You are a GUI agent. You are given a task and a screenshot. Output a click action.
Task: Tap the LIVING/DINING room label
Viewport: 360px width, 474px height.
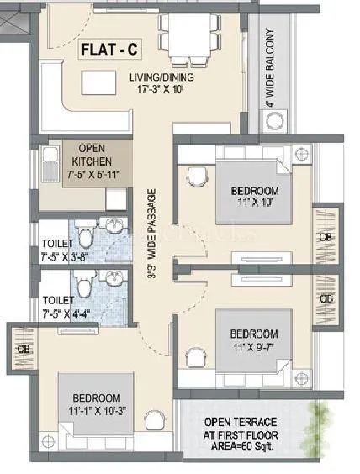(161, 78)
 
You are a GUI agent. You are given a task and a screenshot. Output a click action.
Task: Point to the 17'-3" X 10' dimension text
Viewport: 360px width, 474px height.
(161, 89)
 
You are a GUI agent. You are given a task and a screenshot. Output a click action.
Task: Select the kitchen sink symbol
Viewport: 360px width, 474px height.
(48, 158)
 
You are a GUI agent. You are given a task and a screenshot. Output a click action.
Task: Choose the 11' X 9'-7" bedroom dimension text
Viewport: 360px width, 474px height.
(254, 344)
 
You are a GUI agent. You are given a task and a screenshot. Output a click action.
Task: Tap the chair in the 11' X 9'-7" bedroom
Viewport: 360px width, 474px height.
(196, 357)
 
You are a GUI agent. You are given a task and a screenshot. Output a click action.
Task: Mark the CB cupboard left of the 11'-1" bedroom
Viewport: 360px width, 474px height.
(21, 347)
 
